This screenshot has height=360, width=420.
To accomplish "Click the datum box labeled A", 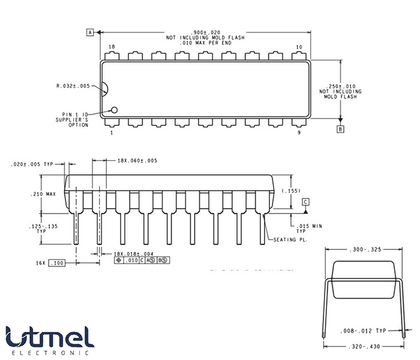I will pyautogui.click(x=91, y=32).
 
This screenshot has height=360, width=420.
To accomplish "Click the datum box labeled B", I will pyautogui.click(x=341, y=128).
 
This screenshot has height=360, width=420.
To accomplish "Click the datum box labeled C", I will pyautogui.click(x=305, y=202).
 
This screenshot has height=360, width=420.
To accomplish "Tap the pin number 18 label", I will pyautogui.click(x=112, y=47).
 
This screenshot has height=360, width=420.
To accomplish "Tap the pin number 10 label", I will pyautogui.click(x=299, y=47).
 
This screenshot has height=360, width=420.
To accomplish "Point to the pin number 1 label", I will pyautogui.click(x=112, y=133).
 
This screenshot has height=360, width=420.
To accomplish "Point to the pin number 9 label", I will pyautogui.click(x=299, y=133).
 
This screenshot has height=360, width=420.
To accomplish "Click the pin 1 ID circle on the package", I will pyautogui.click(x=114, y=110).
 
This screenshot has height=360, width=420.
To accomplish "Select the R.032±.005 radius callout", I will pyautogui.click(x=73, y=86).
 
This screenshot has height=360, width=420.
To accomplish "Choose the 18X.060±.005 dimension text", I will pyautogui.click(x=137, y=160).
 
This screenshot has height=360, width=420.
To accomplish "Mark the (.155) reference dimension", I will pyautogui.click(x=290, y=190).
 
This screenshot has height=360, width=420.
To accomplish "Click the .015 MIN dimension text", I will pyautogui.click(x=310, y=226).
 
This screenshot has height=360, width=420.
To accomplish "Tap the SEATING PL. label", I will pyautogui.click(x=290, y=240).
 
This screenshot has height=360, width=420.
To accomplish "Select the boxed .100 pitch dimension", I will pyautogui.click(x=57, y=263).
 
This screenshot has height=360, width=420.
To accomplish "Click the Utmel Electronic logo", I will pyautogui.click(x=50, y=340).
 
